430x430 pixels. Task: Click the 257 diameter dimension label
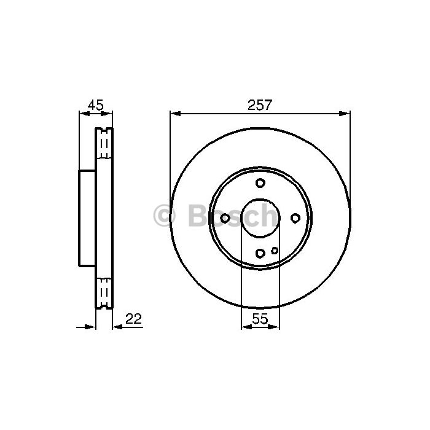pos(260,105)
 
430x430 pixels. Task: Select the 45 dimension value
pos(95,105)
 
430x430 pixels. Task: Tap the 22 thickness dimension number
pos(133,319)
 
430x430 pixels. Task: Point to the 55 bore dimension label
pos(260,319)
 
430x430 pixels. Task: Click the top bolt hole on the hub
pos(260,182)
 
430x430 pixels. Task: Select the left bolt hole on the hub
pos(225,218)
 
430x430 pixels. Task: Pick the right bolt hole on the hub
pos(295,218)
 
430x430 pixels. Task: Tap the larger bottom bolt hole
pos(260,253)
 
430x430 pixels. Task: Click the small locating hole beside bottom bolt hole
pos(275,251)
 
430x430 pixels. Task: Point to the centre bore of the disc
pos(260,218)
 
